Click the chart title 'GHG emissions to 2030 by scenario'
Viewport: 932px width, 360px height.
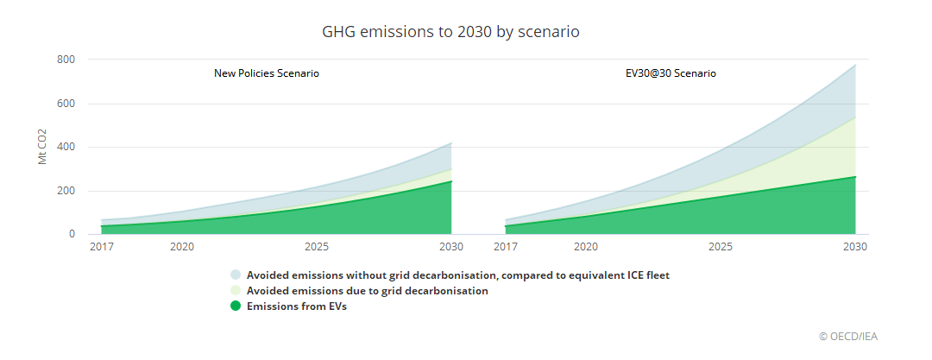pyautogui.click(x=450, y=32)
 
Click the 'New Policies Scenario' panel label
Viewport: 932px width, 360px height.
pyautogui.click(x=267, y=73)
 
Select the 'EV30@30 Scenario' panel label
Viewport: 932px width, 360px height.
pyautogui.click(x=671, y=73)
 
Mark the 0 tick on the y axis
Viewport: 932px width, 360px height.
pyautogui.click(x=72, y=234)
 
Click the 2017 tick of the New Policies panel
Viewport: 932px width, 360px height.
pyautogui.click(x=102, y=247)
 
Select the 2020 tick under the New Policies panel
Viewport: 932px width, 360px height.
pyautogui.click(x=182, y=247)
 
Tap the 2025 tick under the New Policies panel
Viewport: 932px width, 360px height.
pyautogui.click(x=317, y=247)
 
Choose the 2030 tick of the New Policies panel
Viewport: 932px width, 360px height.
pyautogui.click(x=451, y=247)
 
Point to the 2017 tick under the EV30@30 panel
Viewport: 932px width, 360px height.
pyautogui.click(x=506, y=247)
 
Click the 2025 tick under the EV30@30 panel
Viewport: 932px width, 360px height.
pyautogui.click(x=721, y=247)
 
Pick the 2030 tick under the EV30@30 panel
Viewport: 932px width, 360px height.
pyautogui.click(x=855, y=247)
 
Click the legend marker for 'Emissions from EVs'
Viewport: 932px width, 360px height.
pyautogui.click(x=236, y=306)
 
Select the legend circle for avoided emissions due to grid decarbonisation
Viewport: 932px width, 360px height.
pyautogui.click(x=236, y=291)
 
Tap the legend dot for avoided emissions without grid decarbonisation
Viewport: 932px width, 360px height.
pyautogui.click(x=236, y=275)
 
